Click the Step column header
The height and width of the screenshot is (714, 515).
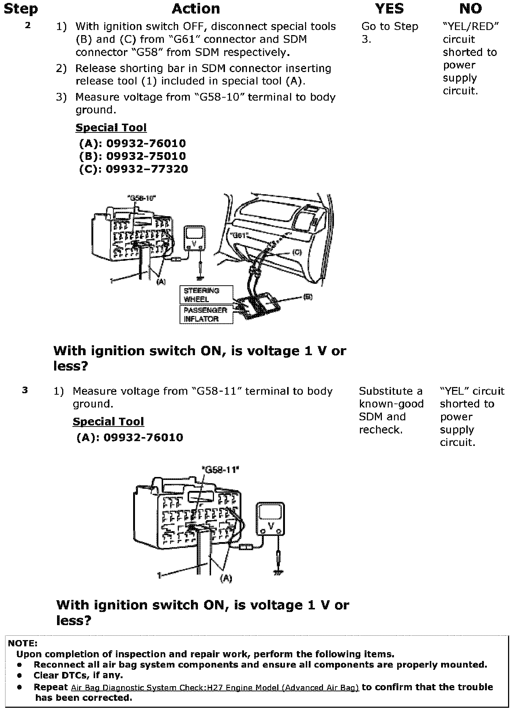(20, 9)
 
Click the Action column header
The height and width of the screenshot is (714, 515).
(196, 9)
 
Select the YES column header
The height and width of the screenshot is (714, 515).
(390, 9)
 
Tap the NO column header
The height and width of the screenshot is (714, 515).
(470, 9)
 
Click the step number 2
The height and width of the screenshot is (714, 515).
(28, 26)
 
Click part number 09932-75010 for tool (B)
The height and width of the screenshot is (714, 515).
(146, 156)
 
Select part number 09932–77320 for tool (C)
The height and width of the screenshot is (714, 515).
(147, 169)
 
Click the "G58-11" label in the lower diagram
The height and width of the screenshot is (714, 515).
(220, 469)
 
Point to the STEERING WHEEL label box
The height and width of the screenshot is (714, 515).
(206, 295)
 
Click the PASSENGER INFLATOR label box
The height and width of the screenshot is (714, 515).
(206, 315)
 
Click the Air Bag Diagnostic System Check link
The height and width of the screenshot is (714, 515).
(215, 688)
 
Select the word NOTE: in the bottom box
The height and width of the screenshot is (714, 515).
(23, 643)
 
